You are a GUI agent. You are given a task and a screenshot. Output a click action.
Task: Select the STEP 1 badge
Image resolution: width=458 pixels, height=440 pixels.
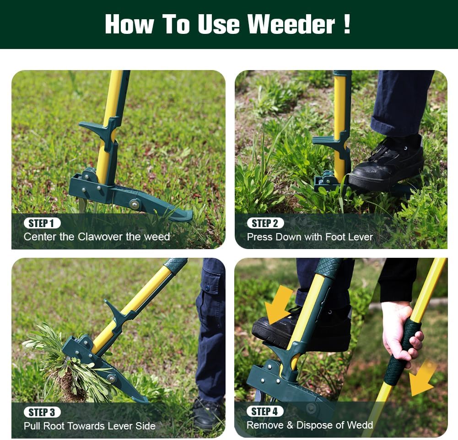[x=42, y=223]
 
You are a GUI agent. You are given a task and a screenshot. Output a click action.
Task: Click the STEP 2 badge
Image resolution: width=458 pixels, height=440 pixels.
[x=265, y=223]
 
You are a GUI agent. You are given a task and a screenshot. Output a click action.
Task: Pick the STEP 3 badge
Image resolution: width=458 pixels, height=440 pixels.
[x=42, y=412]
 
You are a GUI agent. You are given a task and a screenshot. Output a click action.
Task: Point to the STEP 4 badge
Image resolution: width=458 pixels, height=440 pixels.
[x=265, y=411]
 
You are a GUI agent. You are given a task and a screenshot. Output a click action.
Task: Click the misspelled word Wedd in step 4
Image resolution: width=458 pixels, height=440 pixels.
[x=361, y=425]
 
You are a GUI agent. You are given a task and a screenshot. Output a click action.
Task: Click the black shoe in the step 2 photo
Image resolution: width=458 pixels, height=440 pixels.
[x=388, y=165]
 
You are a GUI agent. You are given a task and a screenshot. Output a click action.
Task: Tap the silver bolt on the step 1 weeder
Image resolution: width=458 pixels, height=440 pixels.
[x=134, y=204]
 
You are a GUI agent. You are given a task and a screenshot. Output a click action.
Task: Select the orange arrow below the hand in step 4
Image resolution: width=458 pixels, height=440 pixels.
[x=422, y=378]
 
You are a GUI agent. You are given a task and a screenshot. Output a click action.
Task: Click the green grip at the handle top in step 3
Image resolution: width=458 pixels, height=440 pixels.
[x=175, y=265]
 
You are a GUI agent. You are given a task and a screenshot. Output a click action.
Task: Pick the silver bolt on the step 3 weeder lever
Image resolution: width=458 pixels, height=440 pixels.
[x=111, y=378]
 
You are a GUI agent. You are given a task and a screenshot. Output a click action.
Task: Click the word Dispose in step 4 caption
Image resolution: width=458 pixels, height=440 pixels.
[x=313, y=425]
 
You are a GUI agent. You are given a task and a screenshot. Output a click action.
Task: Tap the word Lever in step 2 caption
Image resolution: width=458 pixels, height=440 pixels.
[x=361, y=237]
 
